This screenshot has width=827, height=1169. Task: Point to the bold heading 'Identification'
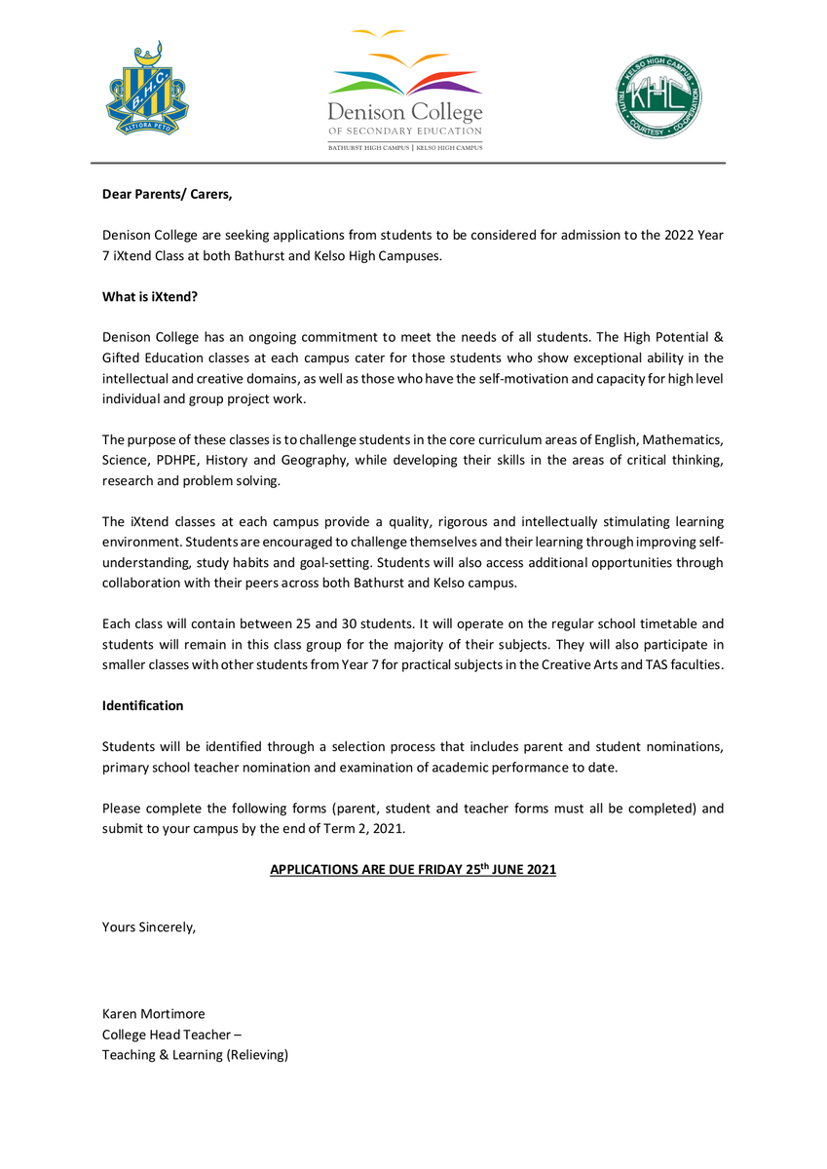(142, 704)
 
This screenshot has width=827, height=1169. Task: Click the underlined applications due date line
(413, 869)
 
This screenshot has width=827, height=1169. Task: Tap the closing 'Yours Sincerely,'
(149, 926)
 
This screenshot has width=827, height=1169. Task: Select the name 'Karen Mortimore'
(154, 1014)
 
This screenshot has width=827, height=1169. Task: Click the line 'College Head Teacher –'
(166, 1035)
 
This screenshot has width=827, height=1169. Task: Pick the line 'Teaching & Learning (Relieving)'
(195, 1055)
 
